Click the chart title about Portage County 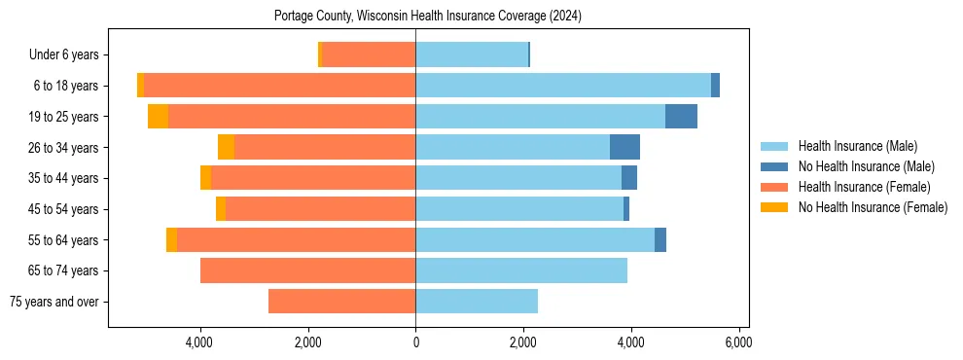(x=428, y=17)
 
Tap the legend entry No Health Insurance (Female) (x=873, y=207)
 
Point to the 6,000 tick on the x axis (x=738, y=342)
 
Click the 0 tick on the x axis (x=415, y=342)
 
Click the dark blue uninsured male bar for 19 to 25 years (x=681, y=117)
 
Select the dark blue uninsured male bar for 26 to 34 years (x=624, y=147)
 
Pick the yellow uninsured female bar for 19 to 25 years (x=158, y=117)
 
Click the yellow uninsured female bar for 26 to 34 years (x=226, y=147)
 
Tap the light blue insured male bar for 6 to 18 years (x=563, y=86)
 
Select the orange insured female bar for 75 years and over (x=341, y=302)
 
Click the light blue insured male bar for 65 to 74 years (x=521, y=270)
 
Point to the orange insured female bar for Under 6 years (x=369, y=55)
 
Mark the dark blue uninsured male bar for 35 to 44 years (x=629, y=178)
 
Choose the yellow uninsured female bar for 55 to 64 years (x=171, y=240)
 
